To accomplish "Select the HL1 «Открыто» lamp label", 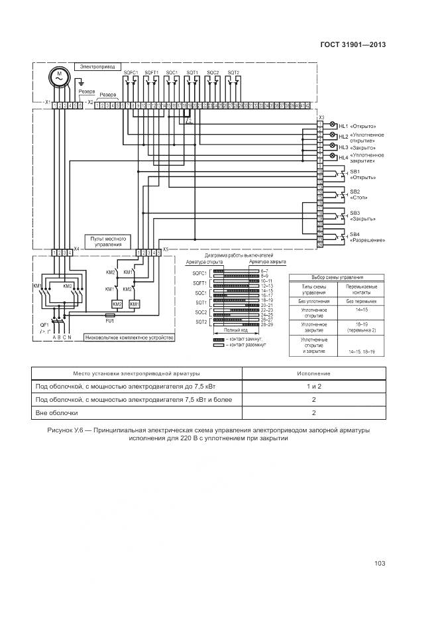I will (357, 126).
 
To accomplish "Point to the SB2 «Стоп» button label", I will (358, 194).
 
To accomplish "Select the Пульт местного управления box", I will (107, 240).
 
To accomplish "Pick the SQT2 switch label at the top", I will (233, 72).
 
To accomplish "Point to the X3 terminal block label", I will (321, 118).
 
